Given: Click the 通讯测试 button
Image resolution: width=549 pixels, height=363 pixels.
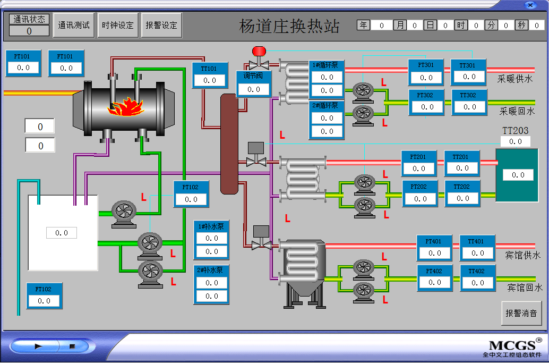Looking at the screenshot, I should (x=74, y=25).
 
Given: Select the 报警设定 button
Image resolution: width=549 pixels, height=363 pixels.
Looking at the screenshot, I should (x=161, y=25).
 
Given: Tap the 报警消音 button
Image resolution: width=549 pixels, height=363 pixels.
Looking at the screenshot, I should (x=521, y=313).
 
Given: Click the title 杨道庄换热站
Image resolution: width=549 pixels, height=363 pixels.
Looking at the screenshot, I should (x=289, y=26).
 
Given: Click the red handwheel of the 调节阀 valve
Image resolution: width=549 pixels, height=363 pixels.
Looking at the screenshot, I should (x=259, y=51).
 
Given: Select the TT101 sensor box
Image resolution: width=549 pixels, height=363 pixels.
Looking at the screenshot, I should (x=210, y=75).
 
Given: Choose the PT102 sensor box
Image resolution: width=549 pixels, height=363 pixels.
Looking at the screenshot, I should (x=191, y=193).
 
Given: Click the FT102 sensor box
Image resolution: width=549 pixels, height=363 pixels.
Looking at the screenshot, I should (x=44, y=296).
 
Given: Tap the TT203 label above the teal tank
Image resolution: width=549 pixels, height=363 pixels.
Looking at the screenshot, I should (x=515, y=130).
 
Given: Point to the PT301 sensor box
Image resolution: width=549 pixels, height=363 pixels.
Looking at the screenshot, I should (x=426, y=72).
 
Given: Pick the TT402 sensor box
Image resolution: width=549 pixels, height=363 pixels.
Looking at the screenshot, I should (x=477, y=277).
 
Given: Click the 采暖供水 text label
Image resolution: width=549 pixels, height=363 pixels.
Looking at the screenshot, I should (x=515, y=79).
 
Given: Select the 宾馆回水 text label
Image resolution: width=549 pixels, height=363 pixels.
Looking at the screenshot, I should (x=525, y=288).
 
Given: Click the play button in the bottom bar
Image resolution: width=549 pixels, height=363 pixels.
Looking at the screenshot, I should (x=38, y=346).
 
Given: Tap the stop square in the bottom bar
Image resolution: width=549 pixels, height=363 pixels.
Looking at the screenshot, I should (x=72, y=346).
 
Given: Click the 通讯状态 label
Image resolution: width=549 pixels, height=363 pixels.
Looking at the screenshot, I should (x=29, y=19).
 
